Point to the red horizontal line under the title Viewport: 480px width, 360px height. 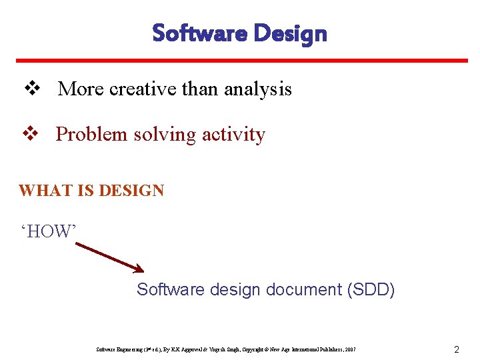pyautogui.click(x=239, y=61)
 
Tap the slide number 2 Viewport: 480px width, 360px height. pyautogui.click(x=456, y=349)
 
